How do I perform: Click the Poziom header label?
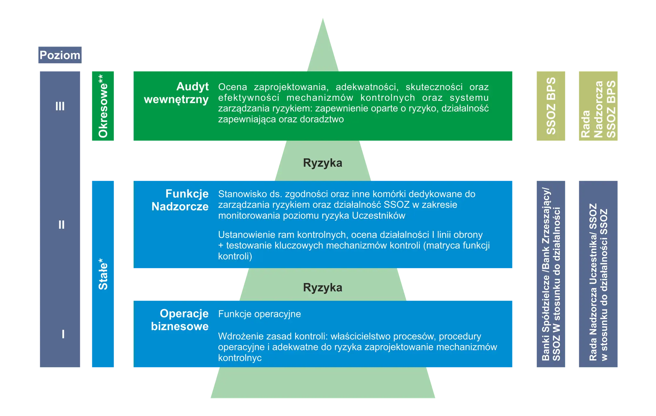point(60,55)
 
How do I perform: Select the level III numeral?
point(60,106)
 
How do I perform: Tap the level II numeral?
point(61,225)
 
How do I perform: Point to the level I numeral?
point(63,334)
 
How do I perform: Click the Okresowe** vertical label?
point(103,106)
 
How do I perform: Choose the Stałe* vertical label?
point(103,274)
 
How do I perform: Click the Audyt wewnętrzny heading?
point(176,93)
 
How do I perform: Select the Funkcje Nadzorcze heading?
point(180,200)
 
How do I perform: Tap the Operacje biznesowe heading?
point(180,320)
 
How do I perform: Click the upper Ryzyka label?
point(323,163)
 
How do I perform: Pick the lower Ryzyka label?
point(323,288)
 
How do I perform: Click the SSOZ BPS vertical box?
point(551,106)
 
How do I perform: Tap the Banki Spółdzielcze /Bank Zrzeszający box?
point(551,274)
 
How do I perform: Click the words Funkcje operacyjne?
point(259,314)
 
